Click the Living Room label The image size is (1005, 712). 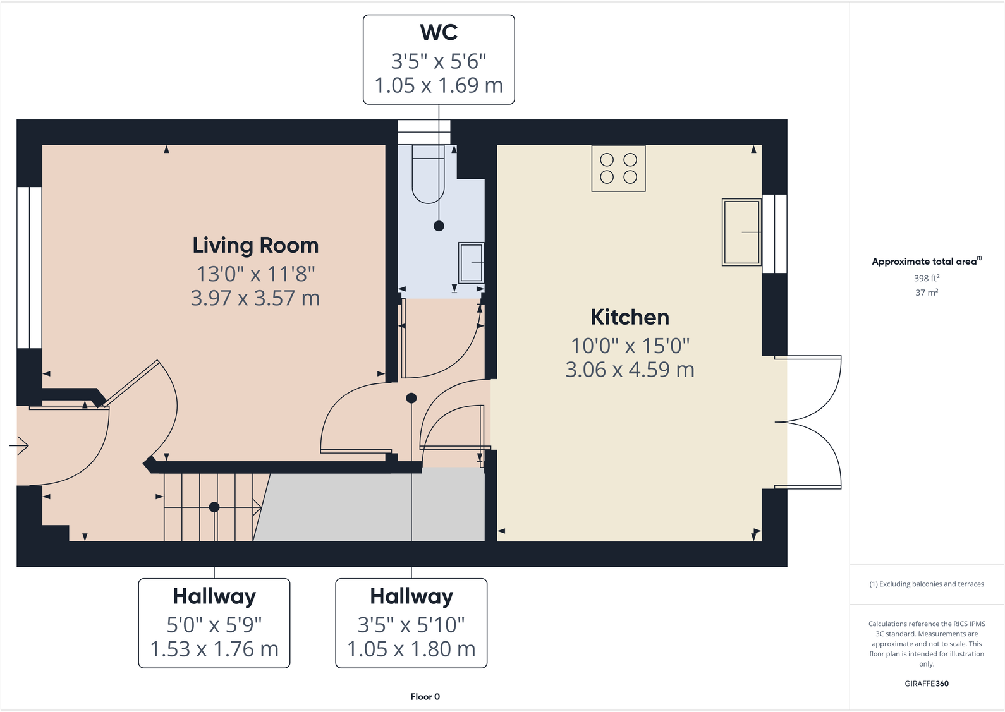tap(255, 245)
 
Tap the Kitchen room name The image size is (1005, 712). tap(630, 317)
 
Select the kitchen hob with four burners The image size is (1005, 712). tap(618, 168)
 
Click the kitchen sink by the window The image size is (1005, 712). tap(741, 232)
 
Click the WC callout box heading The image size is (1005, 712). tap(439, 32)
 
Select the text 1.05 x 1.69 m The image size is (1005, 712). tap(439, 85)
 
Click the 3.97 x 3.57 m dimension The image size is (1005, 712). tap(255, 298)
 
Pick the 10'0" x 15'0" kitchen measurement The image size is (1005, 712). tap(630, 346)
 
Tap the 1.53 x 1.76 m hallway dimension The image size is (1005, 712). tap(214, 649)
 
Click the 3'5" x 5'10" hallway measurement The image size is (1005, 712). tap(411, 625)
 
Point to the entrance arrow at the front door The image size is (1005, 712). tap(20, 446)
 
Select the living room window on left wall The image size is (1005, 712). tap(29, 267)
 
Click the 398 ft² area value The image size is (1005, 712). tap(927, 278)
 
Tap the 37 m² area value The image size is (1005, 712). tap(927, 293)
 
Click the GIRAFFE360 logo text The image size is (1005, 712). tap(927, 684)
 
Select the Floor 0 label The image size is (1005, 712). tap(425, 697)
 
